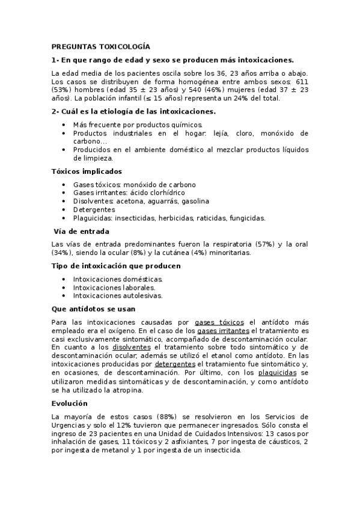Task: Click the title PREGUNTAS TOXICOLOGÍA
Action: (100, 46)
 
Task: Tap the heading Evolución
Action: (70, 403)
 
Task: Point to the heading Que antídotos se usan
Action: (93, 309)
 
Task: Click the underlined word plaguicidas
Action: (273, 373)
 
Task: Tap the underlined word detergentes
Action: (174, 364)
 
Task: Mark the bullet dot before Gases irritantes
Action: (64, 193)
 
